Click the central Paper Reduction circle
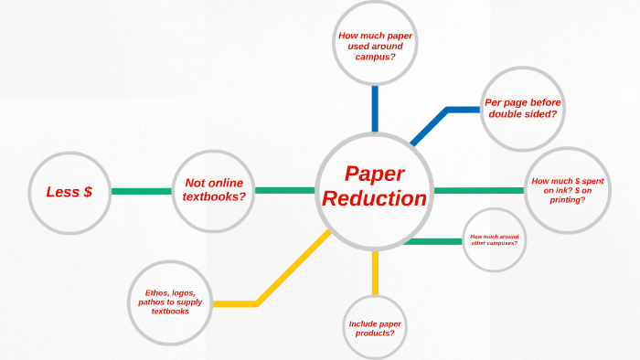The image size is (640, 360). point(374,190)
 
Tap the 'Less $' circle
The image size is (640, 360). point(69,192)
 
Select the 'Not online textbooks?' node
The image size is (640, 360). point(215,191)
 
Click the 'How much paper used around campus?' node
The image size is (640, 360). point(374,44)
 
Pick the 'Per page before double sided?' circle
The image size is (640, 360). point(522,109)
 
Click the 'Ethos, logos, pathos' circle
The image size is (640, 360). point(170,302)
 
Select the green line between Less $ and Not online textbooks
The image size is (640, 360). point(142,192)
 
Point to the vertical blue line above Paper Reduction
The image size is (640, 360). point(374,108)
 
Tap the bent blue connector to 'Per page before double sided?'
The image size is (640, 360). point(447,111)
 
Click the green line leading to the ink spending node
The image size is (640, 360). point(479,190)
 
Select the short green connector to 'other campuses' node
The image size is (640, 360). point(432,241)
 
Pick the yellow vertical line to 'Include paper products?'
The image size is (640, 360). point(375,272)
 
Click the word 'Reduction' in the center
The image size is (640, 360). point(375,198)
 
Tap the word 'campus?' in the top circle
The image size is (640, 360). point(374,56)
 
